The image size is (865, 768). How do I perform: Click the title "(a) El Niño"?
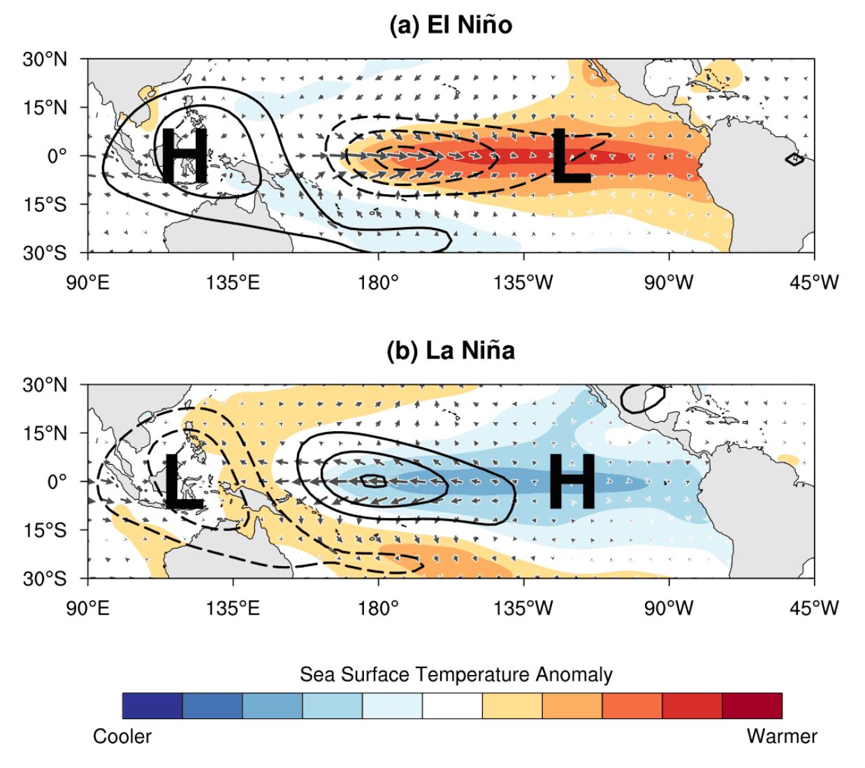coord(451,25)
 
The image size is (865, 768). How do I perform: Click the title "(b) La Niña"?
coord(451,350)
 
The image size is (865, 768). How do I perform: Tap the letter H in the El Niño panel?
coord(184,157)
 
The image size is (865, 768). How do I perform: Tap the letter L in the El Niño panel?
coord(571,157)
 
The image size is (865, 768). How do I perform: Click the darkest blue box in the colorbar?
coord(152,706)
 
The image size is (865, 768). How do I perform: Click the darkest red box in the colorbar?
coord(752,706)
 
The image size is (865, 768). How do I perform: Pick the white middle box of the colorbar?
coord(452,706)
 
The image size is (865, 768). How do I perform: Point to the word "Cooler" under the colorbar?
coord(122,737)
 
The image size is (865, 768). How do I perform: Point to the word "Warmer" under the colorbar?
coord(782,737)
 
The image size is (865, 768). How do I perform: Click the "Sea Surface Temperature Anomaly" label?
coord(456,674)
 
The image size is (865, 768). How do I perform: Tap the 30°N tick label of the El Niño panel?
coord(45,59)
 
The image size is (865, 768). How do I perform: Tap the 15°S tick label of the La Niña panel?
coord(45,530)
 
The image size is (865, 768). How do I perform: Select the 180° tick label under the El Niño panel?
coord(378,282)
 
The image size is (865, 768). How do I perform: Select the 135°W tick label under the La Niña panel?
coord(523,608)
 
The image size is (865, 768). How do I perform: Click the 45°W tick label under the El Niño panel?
coord(814,282)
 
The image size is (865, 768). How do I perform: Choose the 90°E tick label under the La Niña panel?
coord(87,608)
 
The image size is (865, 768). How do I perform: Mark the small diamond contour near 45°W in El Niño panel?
coord(794,159)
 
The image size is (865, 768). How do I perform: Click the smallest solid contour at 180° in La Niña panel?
coord(374,481)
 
